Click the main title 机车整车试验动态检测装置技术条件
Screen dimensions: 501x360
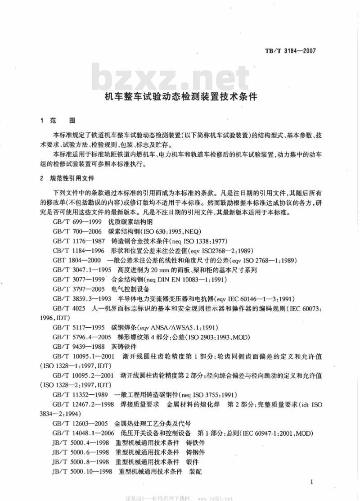180,96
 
